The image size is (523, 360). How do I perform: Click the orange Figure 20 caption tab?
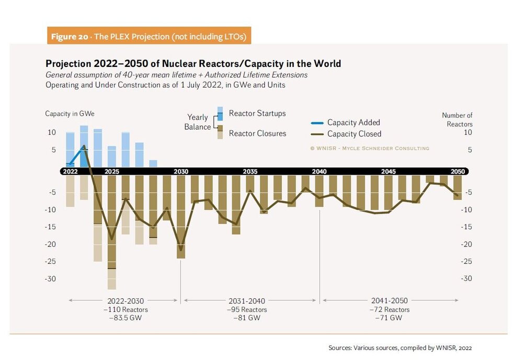tap(149, 36)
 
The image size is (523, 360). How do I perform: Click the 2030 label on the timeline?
tap(181, 171)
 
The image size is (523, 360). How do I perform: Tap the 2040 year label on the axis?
tap(319, 171)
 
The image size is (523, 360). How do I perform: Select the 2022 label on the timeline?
tap(70, 171)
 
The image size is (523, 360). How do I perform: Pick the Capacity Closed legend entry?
tap(354, 134)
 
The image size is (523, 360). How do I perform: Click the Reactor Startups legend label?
tap(257, 114)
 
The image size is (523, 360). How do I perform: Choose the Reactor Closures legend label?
tap(257, 133)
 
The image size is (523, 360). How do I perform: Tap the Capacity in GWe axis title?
tap(66, 114)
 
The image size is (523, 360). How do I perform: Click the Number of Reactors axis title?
tap(458, 120)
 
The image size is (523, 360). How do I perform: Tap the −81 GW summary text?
tap(247, 318)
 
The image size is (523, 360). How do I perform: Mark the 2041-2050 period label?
tap(389, 301)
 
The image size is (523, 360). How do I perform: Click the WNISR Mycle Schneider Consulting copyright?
tap(369, 148)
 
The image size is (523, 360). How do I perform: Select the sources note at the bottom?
tap(400, 347)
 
